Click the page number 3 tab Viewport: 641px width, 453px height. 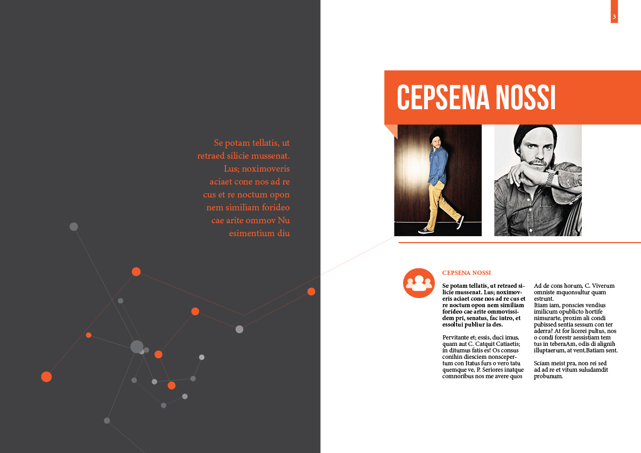(614, 17)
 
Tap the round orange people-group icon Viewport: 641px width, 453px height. (419, 282)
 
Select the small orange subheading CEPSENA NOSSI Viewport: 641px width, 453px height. (466, 273)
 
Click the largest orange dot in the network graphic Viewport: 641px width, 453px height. (46, 377)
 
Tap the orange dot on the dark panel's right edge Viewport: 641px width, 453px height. (311, 292)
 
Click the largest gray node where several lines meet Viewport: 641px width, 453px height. (137, 346)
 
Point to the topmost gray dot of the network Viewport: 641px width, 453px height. (74, 226)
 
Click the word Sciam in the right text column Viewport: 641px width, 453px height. (542, 363)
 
